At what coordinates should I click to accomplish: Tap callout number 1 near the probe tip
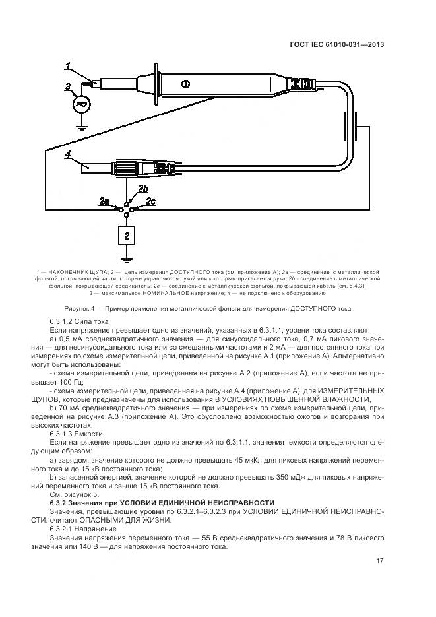(x=68, y=65)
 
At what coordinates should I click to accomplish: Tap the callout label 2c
(x=150, y=201)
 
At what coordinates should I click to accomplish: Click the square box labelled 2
(x=127, y=234)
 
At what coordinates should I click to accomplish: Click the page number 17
(x=379, y=561)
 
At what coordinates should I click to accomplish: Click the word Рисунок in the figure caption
(x=79, y=309)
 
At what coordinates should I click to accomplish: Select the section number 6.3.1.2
(x=64, y=321)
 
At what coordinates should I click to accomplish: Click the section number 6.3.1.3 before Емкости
(x=64, y=434)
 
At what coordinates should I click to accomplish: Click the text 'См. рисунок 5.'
(x=74, y=494)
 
